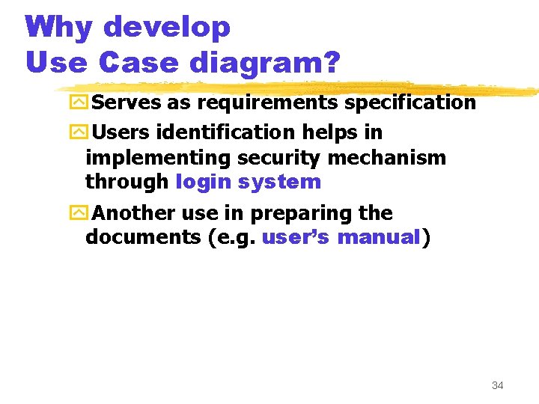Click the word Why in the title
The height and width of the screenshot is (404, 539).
(59, 28)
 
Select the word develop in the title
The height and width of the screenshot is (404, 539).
(166, 28)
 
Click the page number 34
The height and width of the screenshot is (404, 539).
(497, 385)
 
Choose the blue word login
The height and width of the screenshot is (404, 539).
(203, 182)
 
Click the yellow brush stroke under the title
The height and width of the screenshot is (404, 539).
(299, 87)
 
